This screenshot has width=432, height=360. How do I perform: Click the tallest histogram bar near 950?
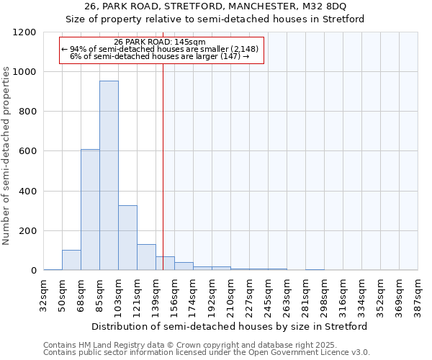pos(109,176)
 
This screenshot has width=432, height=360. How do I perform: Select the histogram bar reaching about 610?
pos(90,210)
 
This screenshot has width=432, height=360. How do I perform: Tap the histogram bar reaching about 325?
pos(127,238)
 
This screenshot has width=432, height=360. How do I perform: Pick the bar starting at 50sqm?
pos(71,260)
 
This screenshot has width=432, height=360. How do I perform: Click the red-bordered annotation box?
pos(161,50)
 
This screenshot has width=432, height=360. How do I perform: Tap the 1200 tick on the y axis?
pos(24,32)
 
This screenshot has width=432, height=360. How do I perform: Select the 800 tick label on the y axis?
pos(27,112)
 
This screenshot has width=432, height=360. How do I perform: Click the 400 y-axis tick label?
pos(27,192)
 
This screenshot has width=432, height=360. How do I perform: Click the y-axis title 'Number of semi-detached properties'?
pos(6,152)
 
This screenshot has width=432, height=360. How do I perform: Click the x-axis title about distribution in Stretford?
pos(230,326)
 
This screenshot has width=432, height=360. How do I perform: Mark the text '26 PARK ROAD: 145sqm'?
pos(160,42)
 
